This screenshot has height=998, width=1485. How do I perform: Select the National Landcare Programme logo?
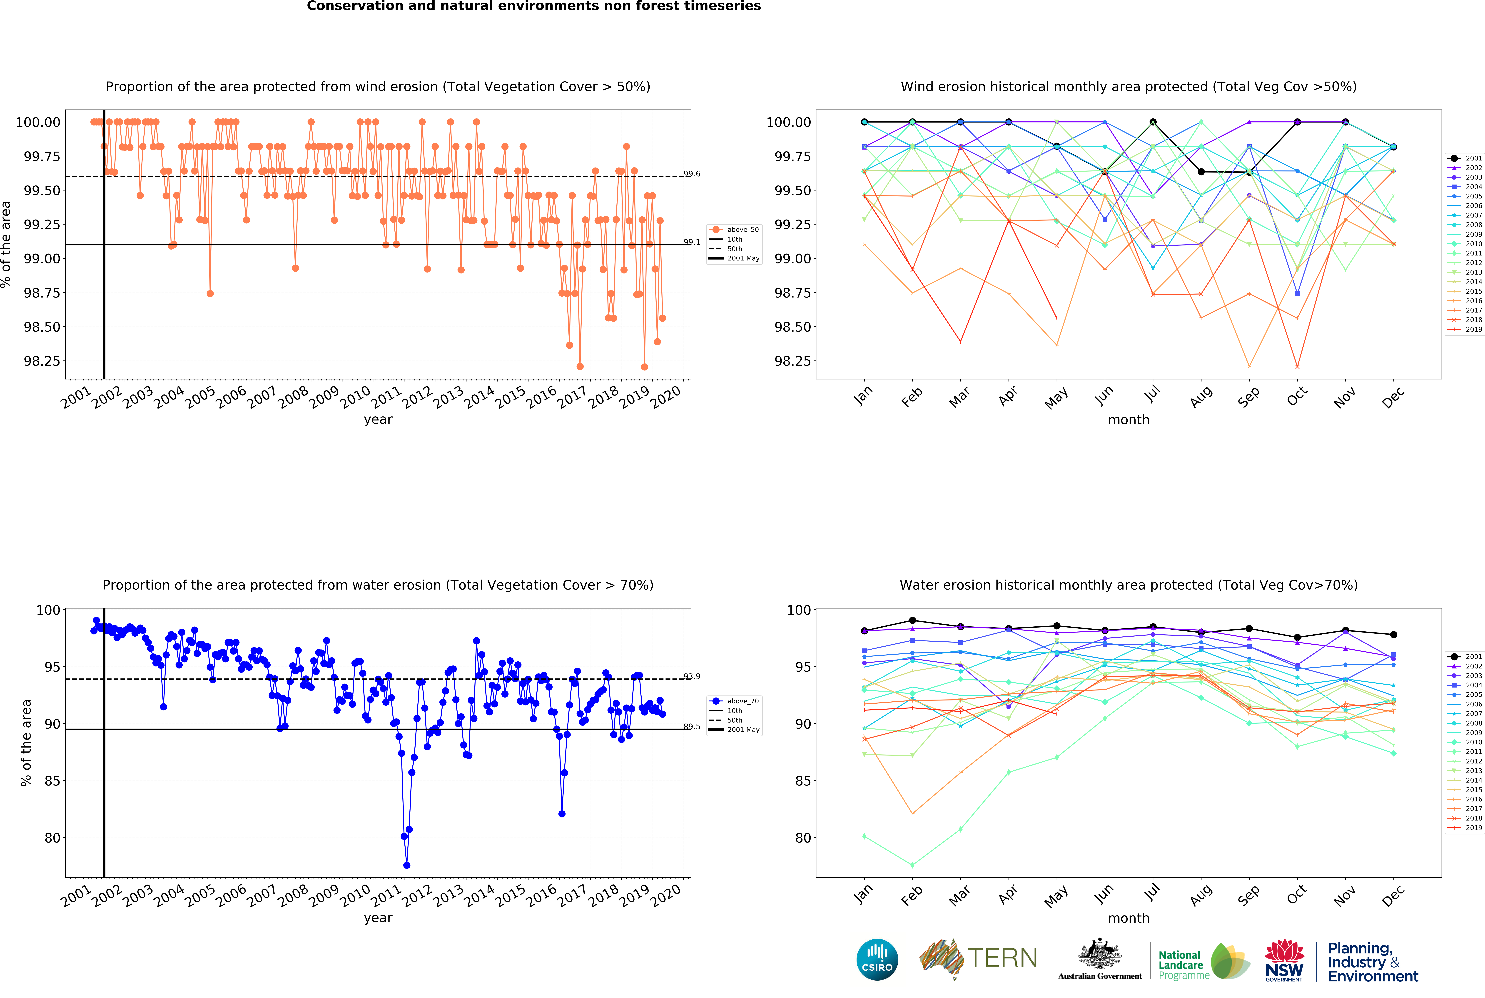1203,962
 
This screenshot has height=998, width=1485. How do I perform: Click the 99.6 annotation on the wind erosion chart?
692,174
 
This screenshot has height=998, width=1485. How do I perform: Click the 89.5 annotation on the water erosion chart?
692,727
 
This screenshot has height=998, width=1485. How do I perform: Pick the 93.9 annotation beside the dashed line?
692,677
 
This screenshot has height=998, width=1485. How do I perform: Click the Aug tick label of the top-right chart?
1201,398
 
